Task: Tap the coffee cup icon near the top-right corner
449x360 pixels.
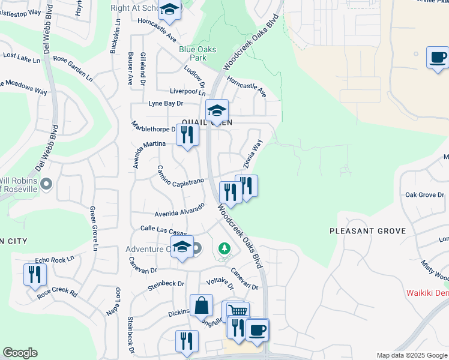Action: coord(438,58)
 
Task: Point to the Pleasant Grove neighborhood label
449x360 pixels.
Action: coord(367,231)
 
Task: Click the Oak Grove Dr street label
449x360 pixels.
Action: coord(424,195)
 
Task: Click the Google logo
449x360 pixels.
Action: coord(20,353)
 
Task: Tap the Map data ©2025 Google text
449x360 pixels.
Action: coord(411,355)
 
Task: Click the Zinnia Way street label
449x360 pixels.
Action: coord(253,154)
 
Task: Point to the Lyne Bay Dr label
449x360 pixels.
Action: coord(166,104)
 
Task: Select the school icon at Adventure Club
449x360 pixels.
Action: coord(182,247)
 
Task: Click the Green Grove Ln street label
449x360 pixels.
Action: coord(94,229)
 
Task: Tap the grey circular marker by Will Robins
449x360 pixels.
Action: coord(48,184)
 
